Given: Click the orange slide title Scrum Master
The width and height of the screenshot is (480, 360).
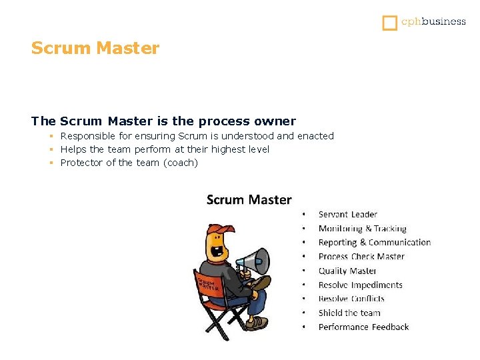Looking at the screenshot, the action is [95, 49].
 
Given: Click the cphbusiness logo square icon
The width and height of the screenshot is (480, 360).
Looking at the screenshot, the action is [390, 23].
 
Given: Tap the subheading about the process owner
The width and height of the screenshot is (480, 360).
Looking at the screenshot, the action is [163, 121].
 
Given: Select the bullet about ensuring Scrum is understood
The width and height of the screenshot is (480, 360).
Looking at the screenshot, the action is [197, 136].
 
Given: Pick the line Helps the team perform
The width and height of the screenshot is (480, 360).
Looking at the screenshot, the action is [165, 149].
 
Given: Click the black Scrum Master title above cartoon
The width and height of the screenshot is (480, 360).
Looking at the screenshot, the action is [249, 199].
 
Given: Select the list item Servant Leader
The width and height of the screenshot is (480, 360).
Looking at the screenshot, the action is [347, 215].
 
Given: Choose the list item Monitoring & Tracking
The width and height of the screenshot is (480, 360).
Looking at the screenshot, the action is [362, 229].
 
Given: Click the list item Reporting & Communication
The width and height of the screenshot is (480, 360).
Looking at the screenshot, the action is [374, 243].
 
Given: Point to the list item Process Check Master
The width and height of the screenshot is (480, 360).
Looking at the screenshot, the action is [361, 257].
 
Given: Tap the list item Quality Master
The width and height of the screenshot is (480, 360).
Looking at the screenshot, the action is [347, 271].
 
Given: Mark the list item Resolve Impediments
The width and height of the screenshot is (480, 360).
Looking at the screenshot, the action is [360, 285].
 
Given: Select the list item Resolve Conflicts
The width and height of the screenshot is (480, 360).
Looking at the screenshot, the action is [351, 299].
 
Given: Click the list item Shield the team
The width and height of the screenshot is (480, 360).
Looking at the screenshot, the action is [349, 313].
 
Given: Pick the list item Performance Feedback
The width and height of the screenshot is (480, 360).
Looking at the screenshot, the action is [363, 327].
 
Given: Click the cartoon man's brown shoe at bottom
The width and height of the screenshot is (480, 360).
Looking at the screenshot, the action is [256, 323].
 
